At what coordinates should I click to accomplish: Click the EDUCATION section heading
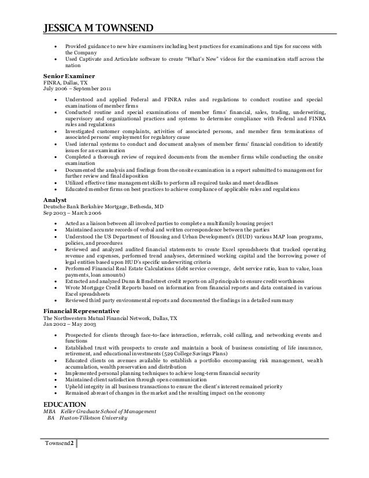65,403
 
